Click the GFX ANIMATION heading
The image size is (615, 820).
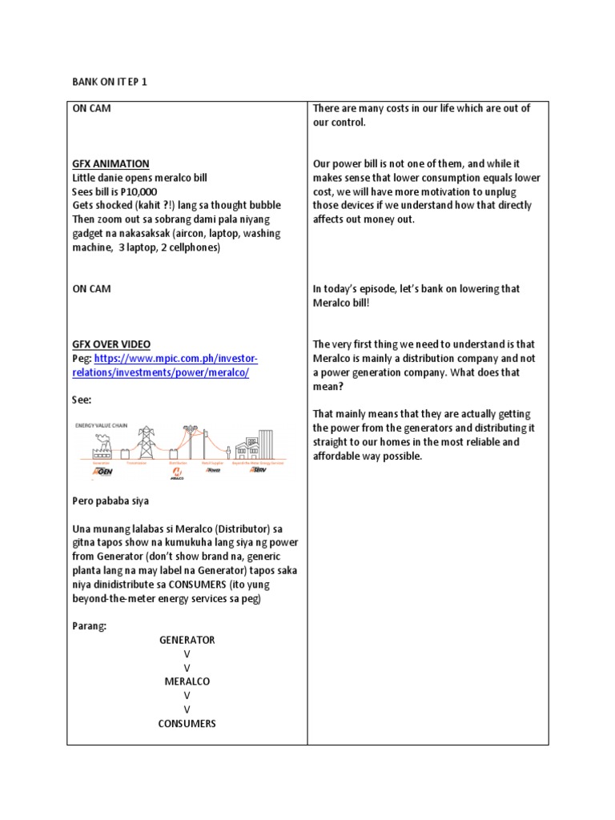(111, 163)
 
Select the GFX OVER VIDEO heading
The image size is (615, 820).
(111, 344)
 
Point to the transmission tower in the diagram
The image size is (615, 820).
(145, 438)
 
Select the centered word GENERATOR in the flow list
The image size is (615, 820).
(187, 640)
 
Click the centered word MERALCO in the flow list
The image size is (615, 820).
(187, 681)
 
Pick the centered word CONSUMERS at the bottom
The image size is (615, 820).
(187, 723)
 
